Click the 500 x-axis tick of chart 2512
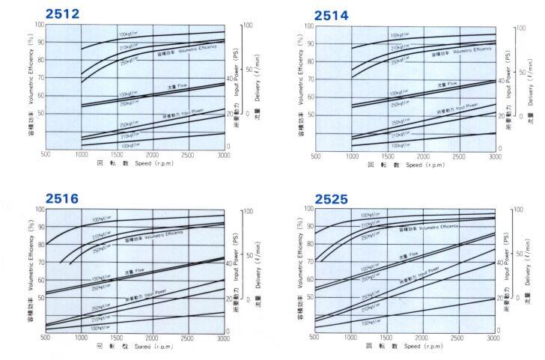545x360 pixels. tap(46, 154)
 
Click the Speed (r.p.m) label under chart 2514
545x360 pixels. tap(424, 165)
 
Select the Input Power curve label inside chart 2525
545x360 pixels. tap(419, 274)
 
